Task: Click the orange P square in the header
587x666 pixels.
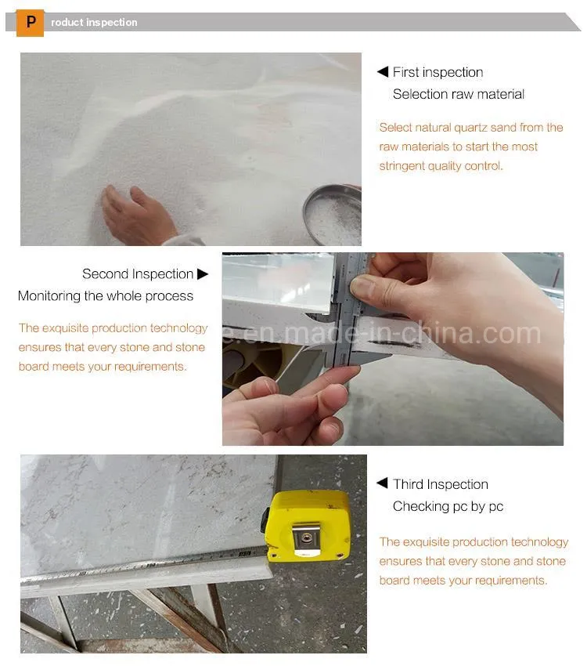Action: (30, 23)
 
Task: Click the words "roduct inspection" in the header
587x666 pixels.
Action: (94, 23)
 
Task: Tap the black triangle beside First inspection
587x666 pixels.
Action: (383, 72)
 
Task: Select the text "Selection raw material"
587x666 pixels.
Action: (458, 94)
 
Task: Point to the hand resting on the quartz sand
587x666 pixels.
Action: (137, 215)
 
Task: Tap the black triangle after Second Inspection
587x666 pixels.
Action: (203, 274)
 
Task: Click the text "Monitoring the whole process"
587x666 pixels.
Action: (106, 296)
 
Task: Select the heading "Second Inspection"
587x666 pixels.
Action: (137, 274)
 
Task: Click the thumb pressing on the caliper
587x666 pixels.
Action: (372, 287)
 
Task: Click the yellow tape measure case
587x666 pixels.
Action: (308, 525)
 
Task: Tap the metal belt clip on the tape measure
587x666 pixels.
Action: (308, 541)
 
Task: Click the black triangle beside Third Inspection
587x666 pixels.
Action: (383, 483)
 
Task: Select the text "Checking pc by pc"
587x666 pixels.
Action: (448, 506)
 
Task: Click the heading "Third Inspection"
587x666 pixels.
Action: (440, 484)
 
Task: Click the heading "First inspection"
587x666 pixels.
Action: (438, 72)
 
